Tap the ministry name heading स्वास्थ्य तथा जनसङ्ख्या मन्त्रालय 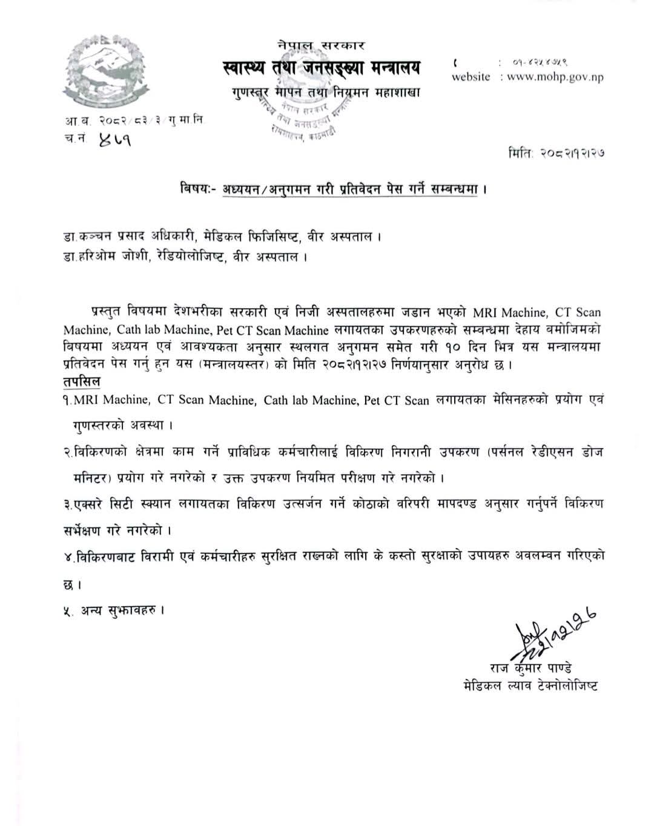tap(320, 68)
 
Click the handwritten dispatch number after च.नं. tap(114, 139)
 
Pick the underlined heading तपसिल tap(82, 382)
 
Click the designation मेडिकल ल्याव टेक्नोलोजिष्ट tap(528, 686)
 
